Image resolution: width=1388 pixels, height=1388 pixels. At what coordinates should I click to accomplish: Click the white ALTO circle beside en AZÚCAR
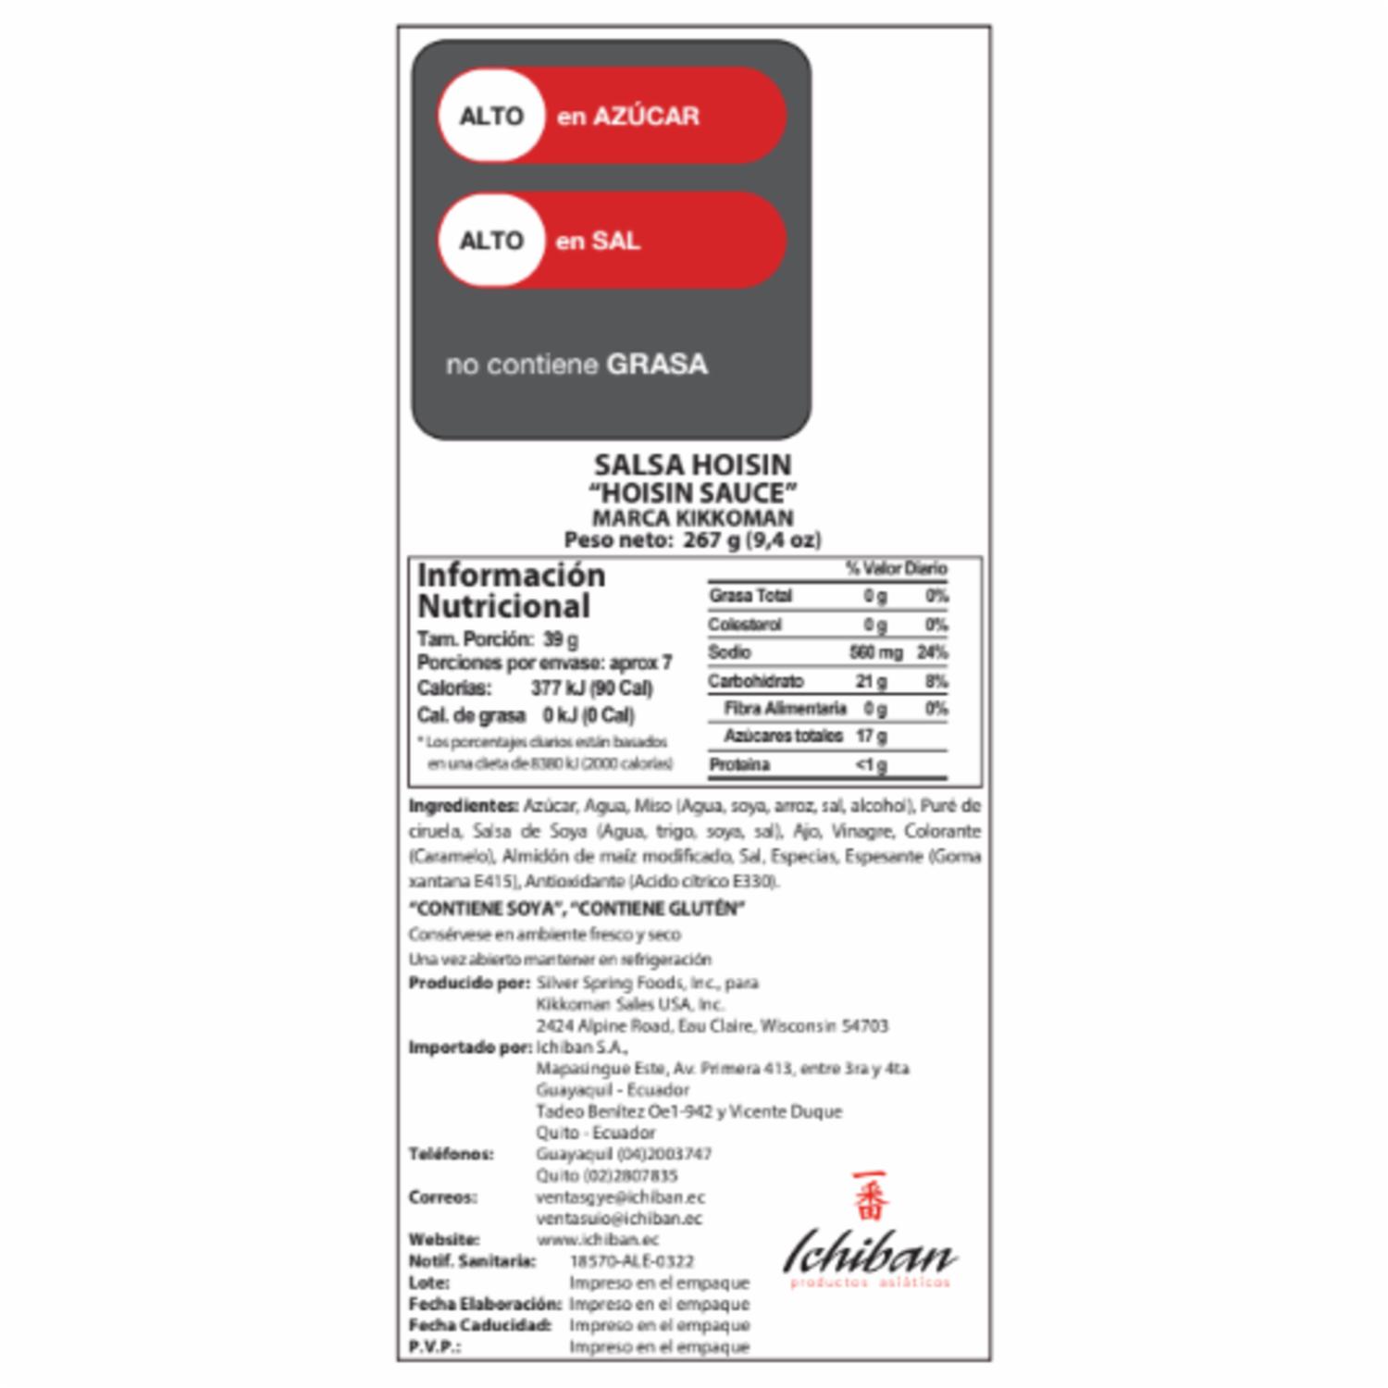coord(491,116)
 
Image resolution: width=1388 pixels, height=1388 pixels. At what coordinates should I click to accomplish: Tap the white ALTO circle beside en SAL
coord(491,241)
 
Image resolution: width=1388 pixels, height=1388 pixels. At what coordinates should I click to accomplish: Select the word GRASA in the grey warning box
coord(657,364)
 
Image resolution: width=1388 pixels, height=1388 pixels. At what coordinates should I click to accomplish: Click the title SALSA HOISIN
coord(692,465)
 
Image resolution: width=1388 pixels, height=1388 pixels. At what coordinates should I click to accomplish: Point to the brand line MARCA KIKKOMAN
coord(692,517)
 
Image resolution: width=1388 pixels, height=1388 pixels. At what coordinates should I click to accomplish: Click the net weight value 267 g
coord(712,539)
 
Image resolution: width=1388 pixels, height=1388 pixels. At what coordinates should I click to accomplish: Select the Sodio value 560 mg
coord(875,652)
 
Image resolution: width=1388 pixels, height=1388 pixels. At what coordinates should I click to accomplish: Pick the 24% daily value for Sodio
coord(932,652)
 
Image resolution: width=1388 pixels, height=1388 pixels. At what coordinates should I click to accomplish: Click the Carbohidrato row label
coord(755,681)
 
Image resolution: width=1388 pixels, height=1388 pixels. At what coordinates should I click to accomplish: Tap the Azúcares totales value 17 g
coord(872,736)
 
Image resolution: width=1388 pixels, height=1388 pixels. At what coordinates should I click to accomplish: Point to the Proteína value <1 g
coord(871,764)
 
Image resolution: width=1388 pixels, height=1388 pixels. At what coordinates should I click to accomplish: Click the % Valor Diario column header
coord(896,568)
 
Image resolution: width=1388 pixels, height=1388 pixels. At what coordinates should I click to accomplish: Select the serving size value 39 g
coord(561,639)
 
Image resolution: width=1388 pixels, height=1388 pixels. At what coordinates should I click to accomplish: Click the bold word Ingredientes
coord(463,806)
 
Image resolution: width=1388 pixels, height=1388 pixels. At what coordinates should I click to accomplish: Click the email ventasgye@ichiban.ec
coord(620,1197)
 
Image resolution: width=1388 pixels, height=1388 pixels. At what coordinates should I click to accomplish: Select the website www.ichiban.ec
coord(598,1240)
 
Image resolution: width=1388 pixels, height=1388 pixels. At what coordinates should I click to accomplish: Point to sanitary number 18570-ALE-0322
coord(631,1261)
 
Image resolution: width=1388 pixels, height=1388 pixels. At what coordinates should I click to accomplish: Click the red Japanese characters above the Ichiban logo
coord(870,1196)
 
